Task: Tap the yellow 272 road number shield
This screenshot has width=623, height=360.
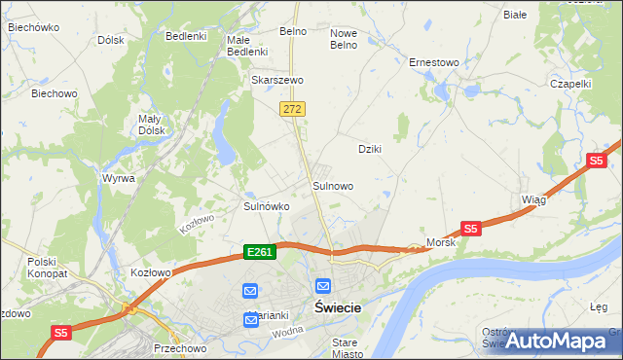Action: pos(291,110)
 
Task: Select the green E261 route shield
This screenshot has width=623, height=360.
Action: pos(260,252)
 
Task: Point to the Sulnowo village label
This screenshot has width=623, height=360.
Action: pos(332,185)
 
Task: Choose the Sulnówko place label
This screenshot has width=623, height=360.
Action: pos(266,206)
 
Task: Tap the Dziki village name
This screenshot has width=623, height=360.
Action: pos(369,149)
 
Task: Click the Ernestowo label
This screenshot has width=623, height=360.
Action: pos(433,62)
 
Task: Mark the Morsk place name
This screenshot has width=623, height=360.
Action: pos(441,241)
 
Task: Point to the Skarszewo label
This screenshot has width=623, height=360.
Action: pos(277,80)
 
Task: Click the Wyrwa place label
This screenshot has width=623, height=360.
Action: pos(118,179)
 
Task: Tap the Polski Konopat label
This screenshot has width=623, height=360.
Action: pos(43,268)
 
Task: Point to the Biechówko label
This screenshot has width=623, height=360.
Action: pos(30,27)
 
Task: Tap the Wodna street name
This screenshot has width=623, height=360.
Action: pos(289,331)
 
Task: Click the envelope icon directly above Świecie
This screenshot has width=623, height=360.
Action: pos(323,287)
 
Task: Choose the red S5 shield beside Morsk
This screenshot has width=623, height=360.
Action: pos(471,229)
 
